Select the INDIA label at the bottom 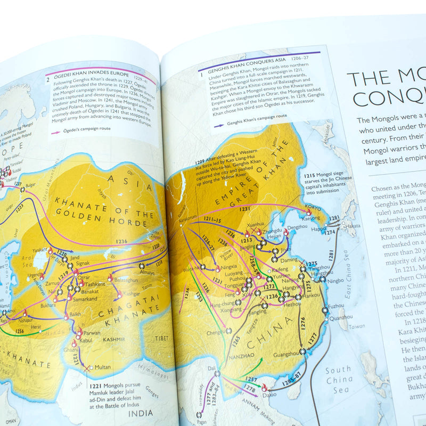(x=141, y=413)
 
